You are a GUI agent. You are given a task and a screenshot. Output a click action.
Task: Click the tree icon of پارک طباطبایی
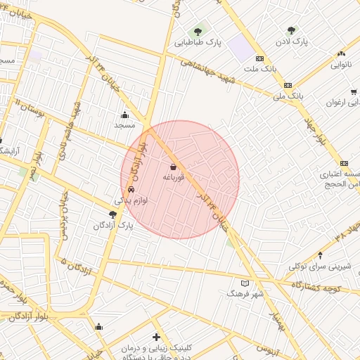[x=198, y=31]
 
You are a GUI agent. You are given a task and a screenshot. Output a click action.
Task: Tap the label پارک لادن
[x=292, y=42]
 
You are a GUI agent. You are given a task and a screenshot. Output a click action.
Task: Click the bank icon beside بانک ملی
[x=278, y=83]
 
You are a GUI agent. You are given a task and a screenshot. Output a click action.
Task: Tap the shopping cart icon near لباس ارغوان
[x=354, y=91]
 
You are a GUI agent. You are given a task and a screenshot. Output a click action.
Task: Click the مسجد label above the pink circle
[x=124, y=124]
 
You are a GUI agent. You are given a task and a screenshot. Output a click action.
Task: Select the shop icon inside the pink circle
[x=173, y=167]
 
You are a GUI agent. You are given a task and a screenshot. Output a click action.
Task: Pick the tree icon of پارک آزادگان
[x=113, y=214]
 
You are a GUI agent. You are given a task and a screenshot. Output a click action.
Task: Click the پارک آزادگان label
[x=112, y=226]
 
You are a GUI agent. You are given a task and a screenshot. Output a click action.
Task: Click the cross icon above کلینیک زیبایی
[x=155, y=337]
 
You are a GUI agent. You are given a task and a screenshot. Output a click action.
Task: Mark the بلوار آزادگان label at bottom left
[x=33, y=318]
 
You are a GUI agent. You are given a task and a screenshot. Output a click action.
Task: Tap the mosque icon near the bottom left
[x=98, y=326]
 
